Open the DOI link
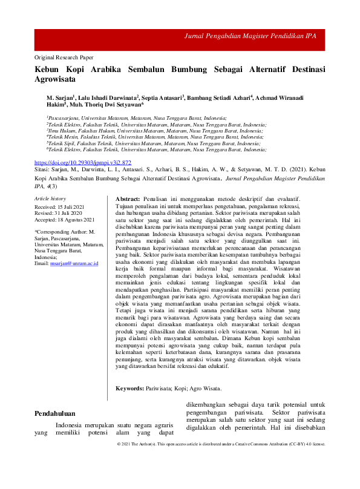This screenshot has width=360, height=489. click(83, 163)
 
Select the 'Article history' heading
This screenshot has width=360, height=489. click(50, 199)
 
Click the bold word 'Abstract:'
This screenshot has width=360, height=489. click(128, 199)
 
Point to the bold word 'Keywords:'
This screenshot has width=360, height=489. click(129, 388)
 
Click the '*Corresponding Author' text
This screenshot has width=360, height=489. click(61, 232)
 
